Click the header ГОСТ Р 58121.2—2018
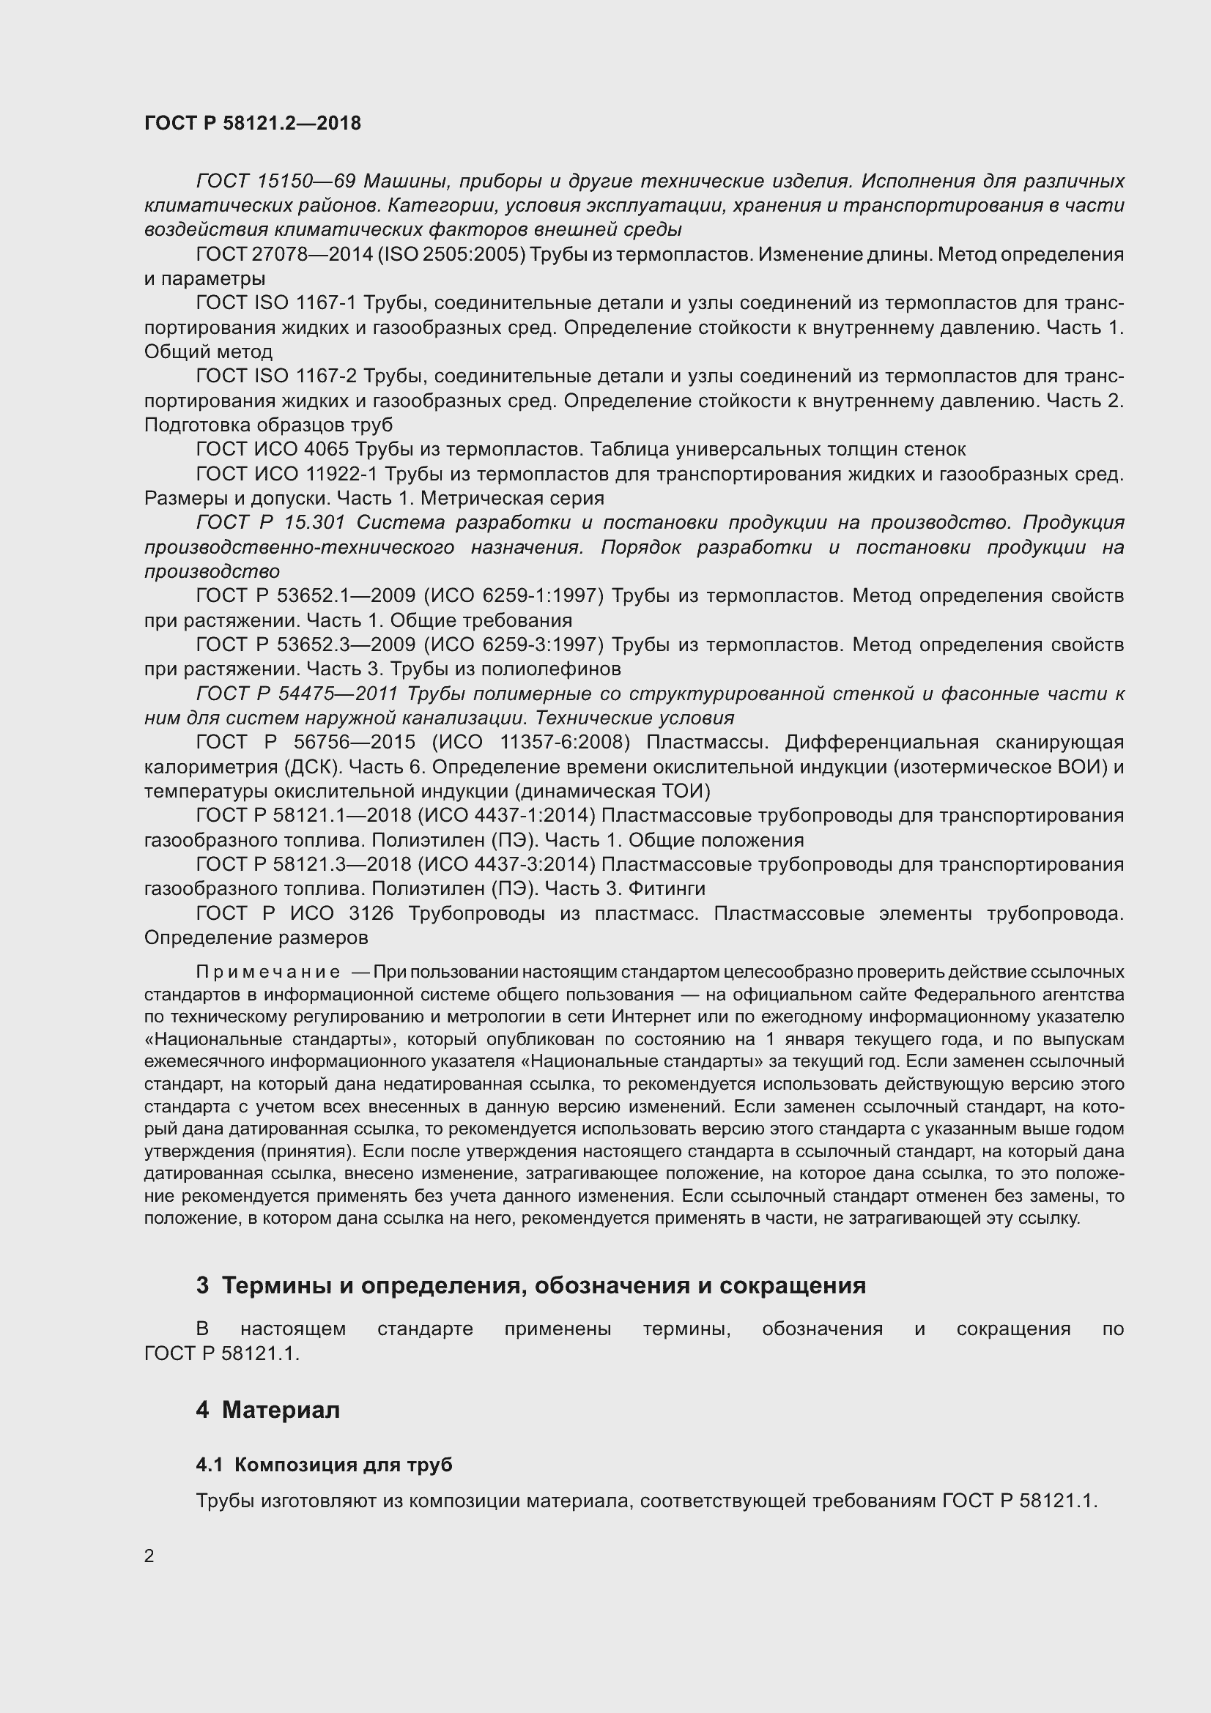pyautogui.click(x=252, y=123)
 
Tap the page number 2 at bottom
pyautogui.click(x=149, y=1556)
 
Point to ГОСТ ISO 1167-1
pyautogui.click(x=276, y=303)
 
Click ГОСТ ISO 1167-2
pyautogui.click(x=276, y=376)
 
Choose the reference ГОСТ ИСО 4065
pyautogui.click(x=273, y=449)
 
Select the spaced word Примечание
pyautogui.click(x=268, y=972)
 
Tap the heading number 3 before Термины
pyautogui.click(x=203, y=1285)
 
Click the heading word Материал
pyautogui.click(x=281, y=1410)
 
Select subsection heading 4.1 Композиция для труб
pyautogui.click(x=324, y=1465)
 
